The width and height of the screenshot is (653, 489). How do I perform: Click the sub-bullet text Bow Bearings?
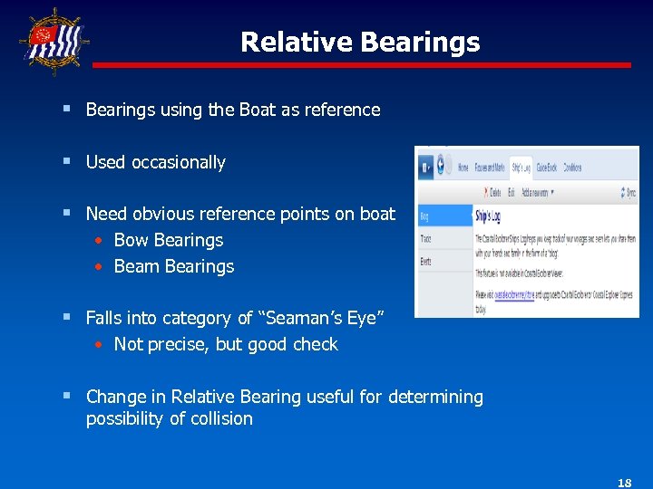tap(169, 240)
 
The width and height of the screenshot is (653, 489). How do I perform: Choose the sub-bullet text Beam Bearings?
tap(174, 266)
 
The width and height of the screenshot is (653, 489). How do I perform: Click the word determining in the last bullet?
tap(435, 397)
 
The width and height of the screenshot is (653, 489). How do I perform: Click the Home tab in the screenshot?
tap(463, 168)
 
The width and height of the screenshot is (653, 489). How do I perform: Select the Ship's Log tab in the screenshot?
tap(521, 168)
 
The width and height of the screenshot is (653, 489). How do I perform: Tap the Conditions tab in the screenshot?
tap(572, 168)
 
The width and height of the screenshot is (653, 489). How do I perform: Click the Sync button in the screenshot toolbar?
tap(628, 192)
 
